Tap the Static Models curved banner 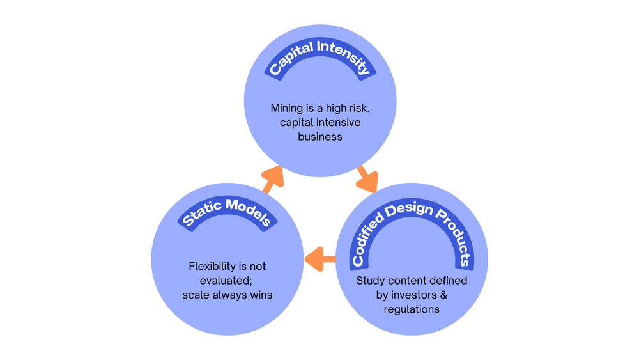point(227,207)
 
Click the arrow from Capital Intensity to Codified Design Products point(367,179)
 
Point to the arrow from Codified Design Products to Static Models point(320,259)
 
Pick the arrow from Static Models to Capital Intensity point(272,180)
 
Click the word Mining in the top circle point(287,109)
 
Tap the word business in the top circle point(320,137)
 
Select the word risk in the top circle point(358,108)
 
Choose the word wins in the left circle point(261,295)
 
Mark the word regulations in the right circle point(411,309)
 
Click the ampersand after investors point(443,295)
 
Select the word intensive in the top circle point(341,122)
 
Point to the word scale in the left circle point(194,295)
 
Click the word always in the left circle point(228,295)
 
